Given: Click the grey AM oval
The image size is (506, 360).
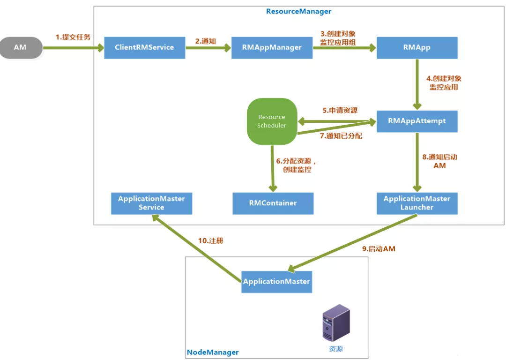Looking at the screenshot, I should click(20, 48).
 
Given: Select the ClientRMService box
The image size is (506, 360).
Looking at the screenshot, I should click(144, 47).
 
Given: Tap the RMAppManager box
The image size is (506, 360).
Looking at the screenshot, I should click(272, 47).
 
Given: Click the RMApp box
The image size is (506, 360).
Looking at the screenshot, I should click(417, 47).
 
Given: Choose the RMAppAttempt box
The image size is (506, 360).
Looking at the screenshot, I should click(417, 121).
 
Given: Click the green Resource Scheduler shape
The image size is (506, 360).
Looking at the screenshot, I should click(272, 121).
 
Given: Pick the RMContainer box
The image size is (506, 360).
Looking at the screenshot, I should click(273, 203).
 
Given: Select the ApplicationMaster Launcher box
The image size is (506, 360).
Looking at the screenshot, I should click(417, 203).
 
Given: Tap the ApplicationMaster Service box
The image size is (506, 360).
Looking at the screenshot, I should click(151, 203).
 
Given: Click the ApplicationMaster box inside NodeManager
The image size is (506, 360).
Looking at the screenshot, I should click(276, 282).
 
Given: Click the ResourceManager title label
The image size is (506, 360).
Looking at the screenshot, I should click(298, 11).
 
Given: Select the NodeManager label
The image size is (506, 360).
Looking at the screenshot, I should click(213, 352).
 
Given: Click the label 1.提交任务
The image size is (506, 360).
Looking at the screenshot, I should click(73, 37).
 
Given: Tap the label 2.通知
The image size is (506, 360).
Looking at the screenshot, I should click(205, 41).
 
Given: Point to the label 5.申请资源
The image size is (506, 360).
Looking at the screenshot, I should click(340, 111).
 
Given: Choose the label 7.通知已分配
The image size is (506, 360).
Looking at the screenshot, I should click(341, 136).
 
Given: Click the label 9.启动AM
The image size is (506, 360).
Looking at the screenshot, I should click(379, 249).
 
